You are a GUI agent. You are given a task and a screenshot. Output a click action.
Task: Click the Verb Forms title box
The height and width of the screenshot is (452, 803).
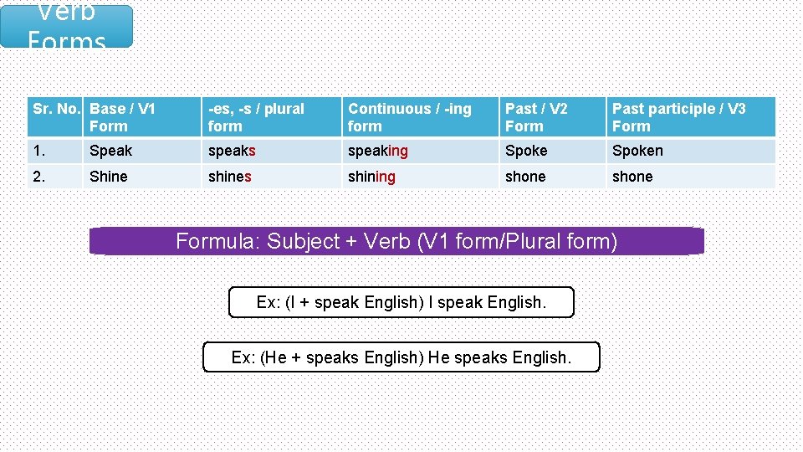[67, 26]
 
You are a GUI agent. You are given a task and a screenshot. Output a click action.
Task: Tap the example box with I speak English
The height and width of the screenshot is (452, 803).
[401, 302]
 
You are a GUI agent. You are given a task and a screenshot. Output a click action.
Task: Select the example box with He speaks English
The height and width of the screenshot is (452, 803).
[401, 357]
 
